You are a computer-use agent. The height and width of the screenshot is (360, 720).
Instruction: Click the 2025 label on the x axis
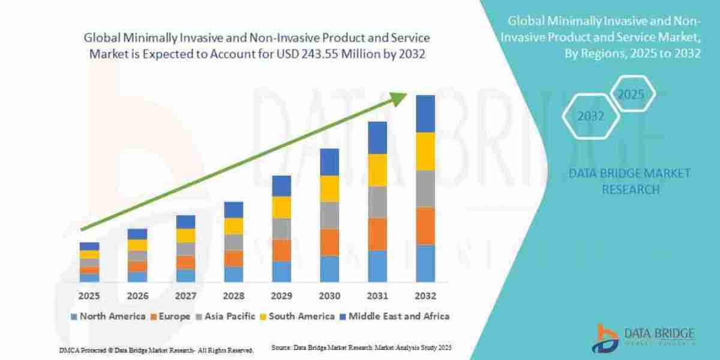[89, 296]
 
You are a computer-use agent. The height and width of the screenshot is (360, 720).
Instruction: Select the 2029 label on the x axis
[281, 296]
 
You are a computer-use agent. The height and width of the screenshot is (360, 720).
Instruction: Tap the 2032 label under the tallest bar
[425, 296]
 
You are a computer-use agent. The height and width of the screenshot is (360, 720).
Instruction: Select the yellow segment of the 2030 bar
[329, 188]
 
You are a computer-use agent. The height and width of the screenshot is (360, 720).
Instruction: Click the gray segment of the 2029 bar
[281, 229]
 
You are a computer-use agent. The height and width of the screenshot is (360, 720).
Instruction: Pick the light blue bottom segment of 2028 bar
[233, 274]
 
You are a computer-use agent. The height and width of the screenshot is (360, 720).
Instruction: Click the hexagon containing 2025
[631, 95]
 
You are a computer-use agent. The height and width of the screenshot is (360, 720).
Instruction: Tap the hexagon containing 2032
[590, 116]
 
